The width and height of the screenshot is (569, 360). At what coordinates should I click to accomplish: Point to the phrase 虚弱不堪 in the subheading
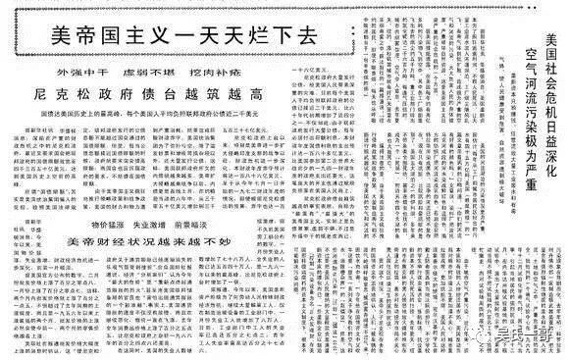(164, 75)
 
